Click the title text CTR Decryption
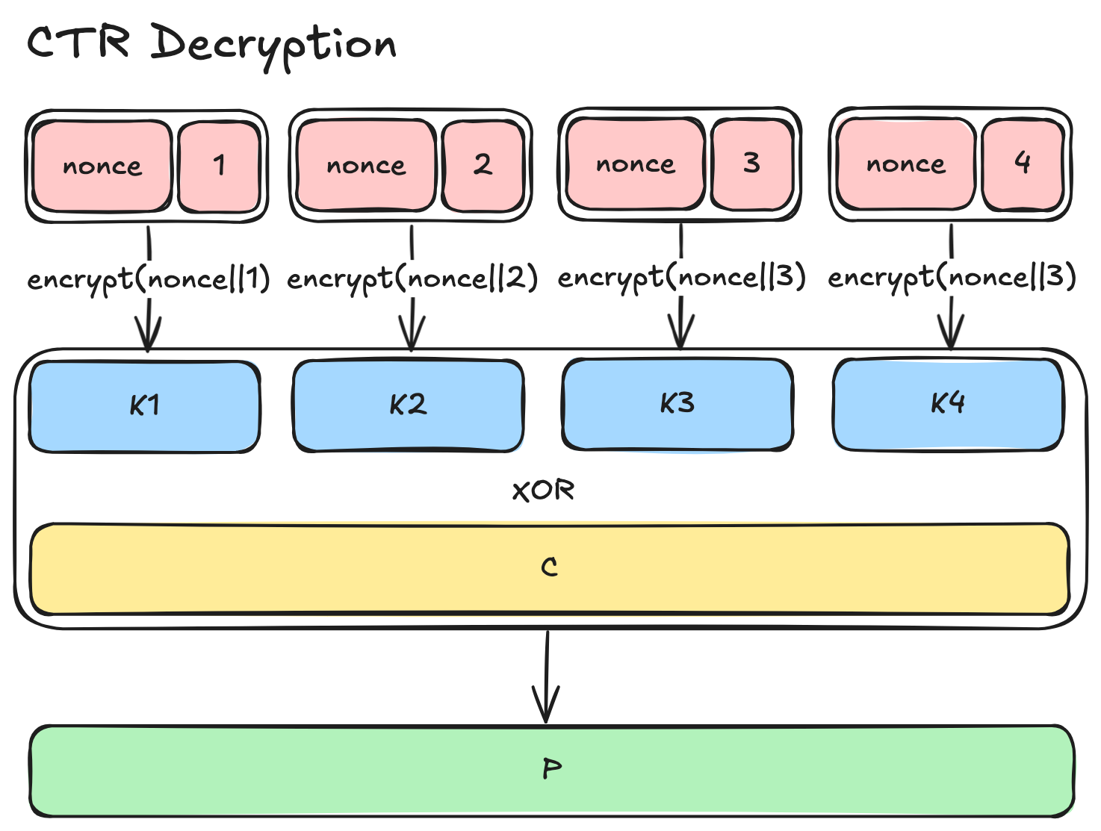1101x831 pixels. click(212, 43)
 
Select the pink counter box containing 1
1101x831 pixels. click(219, 166)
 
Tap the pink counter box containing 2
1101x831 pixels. click(483, 165)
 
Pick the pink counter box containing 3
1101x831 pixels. click(751, 164)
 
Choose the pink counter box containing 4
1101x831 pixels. click(1022, 164)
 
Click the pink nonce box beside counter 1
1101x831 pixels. click(102, 166)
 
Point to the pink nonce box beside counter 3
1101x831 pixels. click(636, 164)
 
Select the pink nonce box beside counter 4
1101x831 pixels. click(905, 164)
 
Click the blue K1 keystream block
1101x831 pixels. click(144, 406)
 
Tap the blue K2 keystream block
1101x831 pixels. click(409, 405)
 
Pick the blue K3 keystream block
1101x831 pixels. click(677, 404)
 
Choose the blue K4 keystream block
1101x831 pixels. click(947, 404)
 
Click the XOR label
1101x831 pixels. click(544, 491)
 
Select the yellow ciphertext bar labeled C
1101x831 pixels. click(549, 568)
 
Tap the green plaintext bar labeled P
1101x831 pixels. click(551, 770)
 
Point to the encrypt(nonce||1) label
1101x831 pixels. click(149, 280)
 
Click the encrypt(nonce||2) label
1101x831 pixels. click(412, 279)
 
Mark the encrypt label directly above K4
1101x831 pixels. click(952, 278)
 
